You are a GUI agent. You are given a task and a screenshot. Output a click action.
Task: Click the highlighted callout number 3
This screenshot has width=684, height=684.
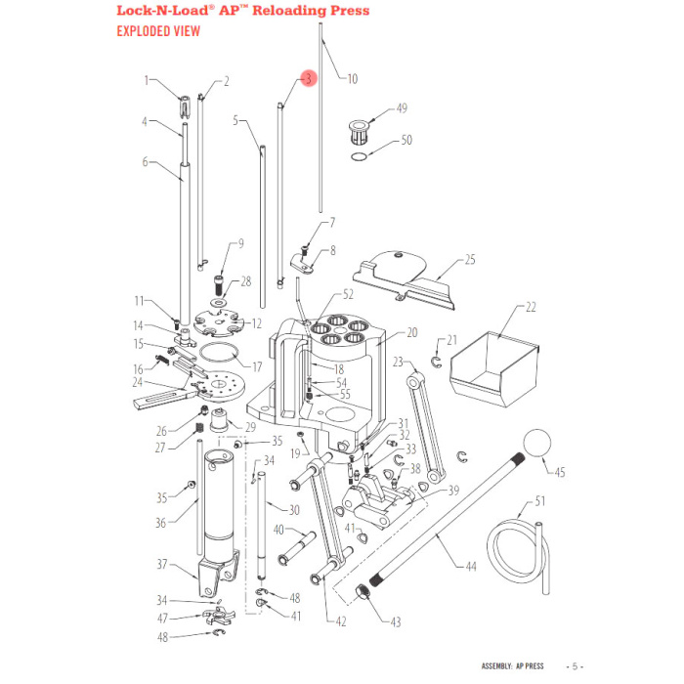pos(309,78)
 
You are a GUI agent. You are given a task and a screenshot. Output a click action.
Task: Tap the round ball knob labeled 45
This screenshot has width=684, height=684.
pos(536,443)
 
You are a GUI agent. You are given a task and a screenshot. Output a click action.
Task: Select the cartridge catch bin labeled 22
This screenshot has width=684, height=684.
pos(494,369)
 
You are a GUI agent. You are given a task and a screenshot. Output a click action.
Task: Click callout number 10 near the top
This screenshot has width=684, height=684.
pos(352,79)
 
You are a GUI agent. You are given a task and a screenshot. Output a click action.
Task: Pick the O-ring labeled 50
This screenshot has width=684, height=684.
pos(359,156)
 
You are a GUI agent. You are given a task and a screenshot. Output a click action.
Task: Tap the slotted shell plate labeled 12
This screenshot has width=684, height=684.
pos(218,323)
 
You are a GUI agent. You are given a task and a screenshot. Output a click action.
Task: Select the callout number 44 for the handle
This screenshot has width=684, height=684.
pos(471,566)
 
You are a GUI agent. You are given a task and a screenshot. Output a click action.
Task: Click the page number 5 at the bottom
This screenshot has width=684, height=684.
pos(575,666)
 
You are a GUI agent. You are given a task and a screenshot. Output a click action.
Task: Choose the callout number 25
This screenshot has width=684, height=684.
pos(470,260)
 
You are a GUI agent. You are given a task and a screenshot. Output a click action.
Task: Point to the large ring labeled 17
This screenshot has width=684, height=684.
pos(220,353)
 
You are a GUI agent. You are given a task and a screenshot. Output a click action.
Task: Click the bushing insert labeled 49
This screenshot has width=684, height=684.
pos(360,132)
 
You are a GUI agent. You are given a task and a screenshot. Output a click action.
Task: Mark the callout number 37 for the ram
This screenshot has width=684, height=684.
pos(162,564)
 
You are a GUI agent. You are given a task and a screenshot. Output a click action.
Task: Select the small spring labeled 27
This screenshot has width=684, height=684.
pos(199,428)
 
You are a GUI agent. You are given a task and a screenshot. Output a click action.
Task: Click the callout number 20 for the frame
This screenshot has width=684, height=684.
pos(411,333)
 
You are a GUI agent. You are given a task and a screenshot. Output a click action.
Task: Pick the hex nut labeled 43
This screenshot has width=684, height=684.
pos(363,592)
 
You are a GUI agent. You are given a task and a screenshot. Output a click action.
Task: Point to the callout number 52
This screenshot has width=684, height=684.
pos(348,294)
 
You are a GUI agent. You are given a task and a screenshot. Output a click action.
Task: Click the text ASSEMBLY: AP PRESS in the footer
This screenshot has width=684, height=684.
pos(513,666)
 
